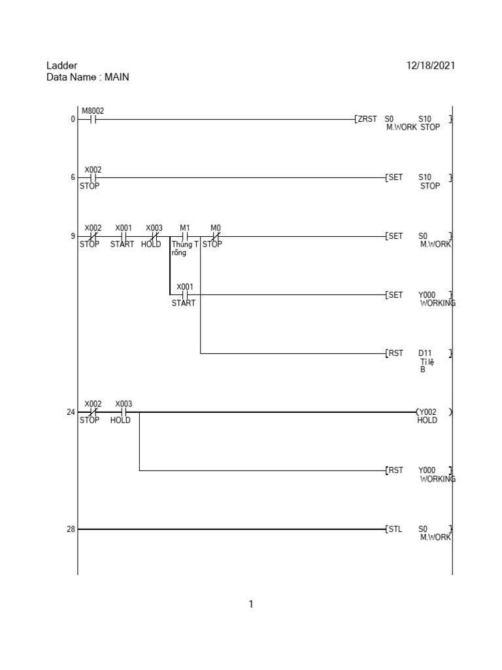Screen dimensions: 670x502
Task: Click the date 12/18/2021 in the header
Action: (x=431, y=65)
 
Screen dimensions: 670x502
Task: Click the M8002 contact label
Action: (x=93, y=111)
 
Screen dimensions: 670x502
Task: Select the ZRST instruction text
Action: (x=367, y=119)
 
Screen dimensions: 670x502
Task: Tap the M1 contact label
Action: (x=184, y=228)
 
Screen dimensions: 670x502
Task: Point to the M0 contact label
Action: (x=216, y=228)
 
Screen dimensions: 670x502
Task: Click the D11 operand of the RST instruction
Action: (x=425, y=354)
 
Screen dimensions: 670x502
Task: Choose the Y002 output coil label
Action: (x=428, y=412)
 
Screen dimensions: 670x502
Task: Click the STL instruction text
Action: (x=395, y=529)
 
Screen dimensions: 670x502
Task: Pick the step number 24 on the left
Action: (x=71, y=412)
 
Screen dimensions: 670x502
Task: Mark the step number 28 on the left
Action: (x=71, y=529)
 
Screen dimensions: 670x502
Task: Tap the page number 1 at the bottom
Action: (x=251, y=605)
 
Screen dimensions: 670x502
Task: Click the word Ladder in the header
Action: (x=62, y=65)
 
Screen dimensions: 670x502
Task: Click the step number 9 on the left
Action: (x=73, y=236)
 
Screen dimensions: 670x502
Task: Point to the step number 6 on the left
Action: (x=73, y=177)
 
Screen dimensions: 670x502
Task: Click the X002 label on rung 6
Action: (x=93, y=169)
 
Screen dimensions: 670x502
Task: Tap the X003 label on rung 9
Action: (x=154, y=228)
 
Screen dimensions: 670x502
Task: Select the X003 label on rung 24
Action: (x=124, y=404)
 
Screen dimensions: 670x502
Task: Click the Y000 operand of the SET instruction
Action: (x=427, y=295)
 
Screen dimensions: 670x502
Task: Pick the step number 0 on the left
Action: (x=73, y=119)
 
